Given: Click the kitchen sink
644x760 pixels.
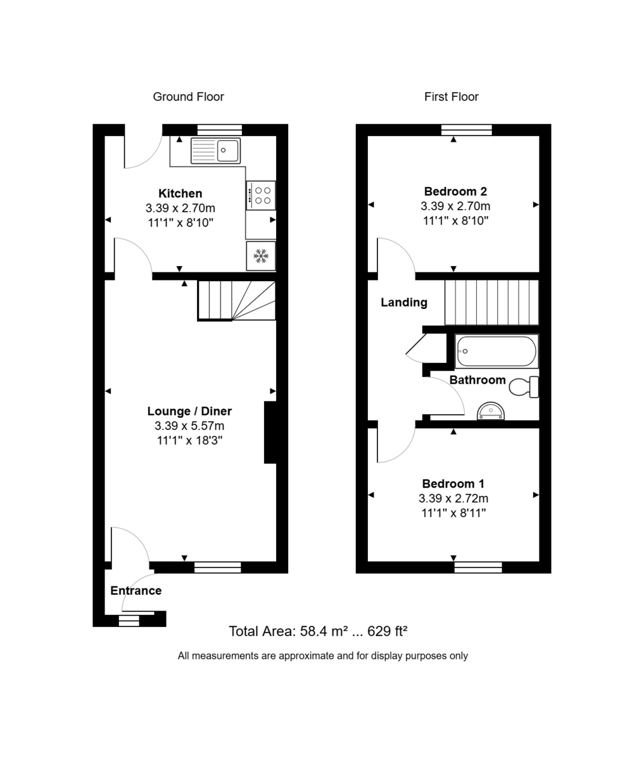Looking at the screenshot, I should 215,151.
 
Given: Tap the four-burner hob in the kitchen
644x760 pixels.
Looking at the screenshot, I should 260,195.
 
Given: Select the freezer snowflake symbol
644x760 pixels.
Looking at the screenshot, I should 261,256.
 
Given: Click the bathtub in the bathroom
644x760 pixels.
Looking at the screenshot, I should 496,351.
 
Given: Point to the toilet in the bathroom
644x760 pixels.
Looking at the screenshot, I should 524,386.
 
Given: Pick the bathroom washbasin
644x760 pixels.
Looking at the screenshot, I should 491,412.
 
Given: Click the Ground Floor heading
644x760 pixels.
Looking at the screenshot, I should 188,97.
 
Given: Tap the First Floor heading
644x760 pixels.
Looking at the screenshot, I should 451,97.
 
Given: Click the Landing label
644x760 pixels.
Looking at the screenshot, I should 403,303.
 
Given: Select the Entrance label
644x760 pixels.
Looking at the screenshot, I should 136,591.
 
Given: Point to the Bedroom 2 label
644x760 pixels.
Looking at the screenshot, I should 455,191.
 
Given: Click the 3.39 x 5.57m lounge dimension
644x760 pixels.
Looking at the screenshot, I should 189,426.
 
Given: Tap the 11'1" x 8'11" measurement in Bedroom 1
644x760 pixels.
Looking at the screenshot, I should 453,513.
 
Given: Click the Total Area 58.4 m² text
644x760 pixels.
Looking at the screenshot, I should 317,631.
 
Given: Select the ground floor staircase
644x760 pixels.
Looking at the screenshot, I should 236,301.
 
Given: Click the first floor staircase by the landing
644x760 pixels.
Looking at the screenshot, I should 491,302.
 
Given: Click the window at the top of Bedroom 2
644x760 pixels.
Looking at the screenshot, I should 467,130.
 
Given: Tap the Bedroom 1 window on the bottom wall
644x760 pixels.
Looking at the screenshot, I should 478,567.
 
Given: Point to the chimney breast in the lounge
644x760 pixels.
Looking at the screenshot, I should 270,432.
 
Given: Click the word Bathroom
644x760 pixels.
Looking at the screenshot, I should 477,380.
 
